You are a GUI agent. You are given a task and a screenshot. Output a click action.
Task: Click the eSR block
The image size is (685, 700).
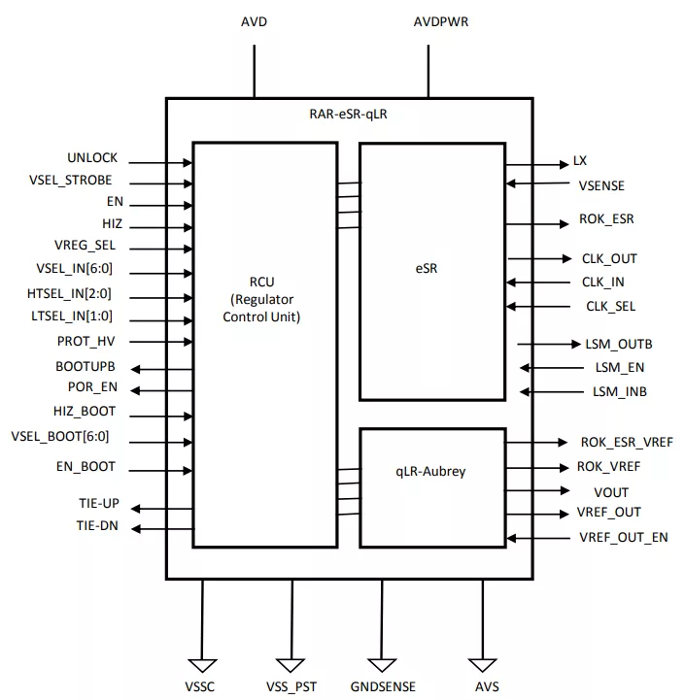(432, 270)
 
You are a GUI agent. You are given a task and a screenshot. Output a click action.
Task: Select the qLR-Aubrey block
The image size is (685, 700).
(432, 472)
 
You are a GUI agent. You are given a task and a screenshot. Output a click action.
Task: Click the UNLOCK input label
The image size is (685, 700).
(92, 157)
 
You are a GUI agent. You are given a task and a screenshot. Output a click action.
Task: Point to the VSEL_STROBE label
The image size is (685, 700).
(70, 180)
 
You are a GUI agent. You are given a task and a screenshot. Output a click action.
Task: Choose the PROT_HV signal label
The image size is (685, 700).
(86, 342)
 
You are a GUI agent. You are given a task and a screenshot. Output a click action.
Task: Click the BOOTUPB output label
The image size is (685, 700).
(86, 366)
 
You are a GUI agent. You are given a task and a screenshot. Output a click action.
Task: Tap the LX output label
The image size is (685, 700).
(580, 161)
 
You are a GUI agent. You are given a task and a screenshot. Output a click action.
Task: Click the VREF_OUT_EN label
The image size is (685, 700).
(623, 537)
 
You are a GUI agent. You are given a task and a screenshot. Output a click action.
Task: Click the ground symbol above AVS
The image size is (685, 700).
(482, 665)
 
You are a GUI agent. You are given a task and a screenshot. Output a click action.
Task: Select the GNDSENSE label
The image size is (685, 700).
(383, 686)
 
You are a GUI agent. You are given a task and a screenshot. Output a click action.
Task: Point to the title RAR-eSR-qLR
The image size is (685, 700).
(348, 114)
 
